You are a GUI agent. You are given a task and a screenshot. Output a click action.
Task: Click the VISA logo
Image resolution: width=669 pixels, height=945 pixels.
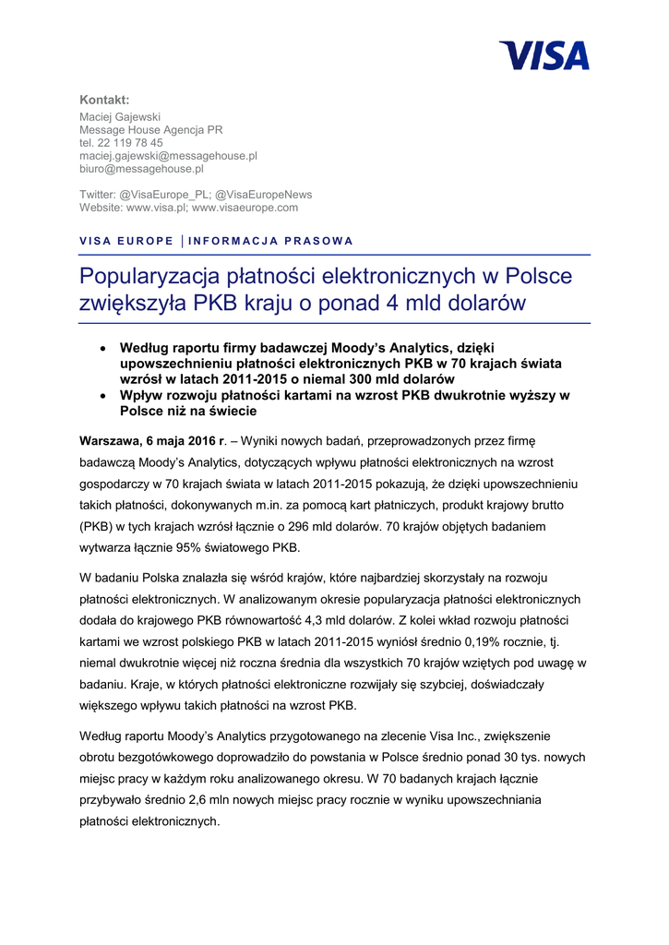coord(544,55)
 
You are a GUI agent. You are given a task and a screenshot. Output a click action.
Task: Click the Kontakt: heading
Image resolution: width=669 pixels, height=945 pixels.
coord(104,100)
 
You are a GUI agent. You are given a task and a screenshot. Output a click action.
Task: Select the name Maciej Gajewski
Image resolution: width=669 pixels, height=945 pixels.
coord(120,117)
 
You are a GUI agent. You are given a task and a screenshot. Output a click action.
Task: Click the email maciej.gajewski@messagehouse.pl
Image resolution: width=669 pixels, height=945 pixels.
coord(168,156)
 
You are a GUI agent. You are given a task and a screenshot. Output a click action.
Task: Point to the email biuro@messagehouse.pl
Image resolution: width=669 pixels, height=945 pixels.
coord(141,169)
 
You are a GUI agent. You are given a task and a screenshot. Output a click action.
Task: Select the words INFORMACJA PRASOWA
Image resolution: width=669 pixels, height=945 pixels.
coord(270,241)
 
